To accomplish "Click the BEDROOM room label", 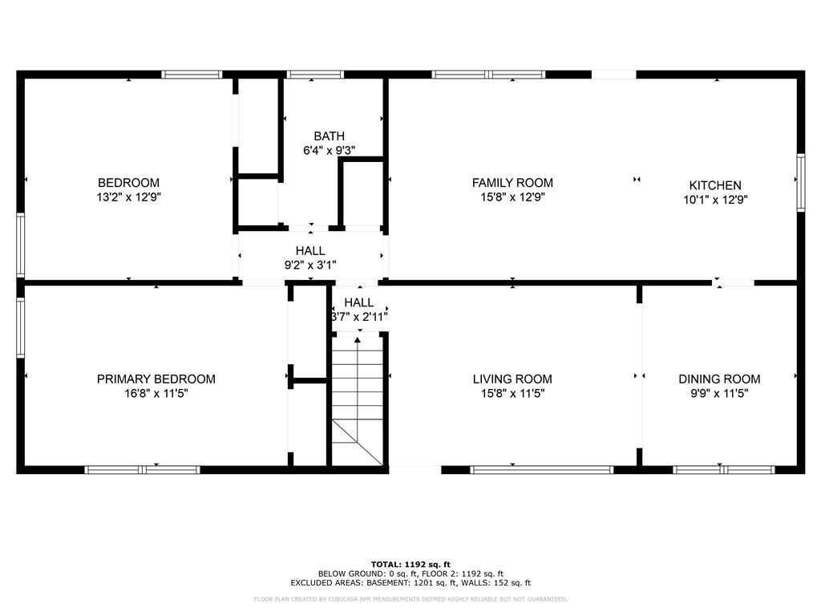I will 128,183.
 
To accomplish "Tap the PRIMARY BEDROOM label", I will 156,379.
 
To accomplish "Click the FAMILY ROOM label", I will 512,183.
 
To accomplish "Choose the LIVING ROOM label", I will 512,379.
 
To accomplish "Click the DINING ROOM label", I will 719,379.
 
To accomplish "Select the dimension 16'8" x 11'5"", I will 156,393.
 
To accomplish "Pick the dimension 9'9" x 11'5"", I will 719,393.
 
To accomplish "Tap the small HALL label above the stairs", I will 358,302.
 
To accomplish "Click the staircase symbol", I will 358,401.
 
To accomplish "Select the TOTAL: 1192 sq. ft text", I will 410,564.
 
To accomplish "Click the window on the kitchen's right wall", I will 800,183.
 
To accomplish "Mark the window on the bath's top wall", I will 310,75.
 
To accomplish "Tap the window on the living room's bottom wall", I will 542,469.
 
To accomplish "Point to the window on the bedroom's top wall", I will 192,75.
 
